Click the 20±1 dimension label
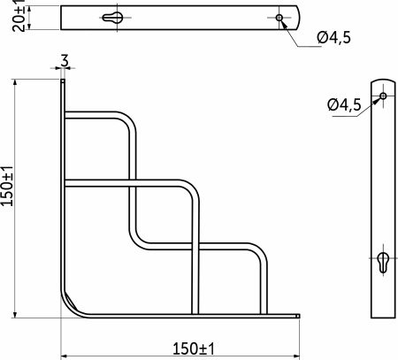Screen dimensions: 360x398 click(x=19, y=16)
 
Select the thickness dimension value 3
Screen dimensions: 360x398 click(x=65, y=61)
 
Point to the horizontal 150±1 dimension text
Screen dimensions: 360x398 click(x=182, y=348)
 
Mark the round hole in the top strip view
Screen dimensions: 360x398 click(x=279, y=18)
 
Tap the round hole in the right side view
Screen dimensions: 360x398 click(x=383, y=96)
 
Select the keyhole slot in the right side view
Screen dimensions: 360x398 click(x=383, y=263)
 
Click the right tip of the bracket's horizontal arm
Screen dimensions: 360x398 click(x=299, y=316)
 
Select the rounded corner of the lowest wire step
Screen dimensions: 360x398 click(x=257, y=255)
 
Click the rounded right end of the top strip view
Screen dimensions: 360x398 click(x=296, y=18)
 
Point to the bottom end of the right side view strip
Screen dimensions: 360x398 click(x=383, y=314)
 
